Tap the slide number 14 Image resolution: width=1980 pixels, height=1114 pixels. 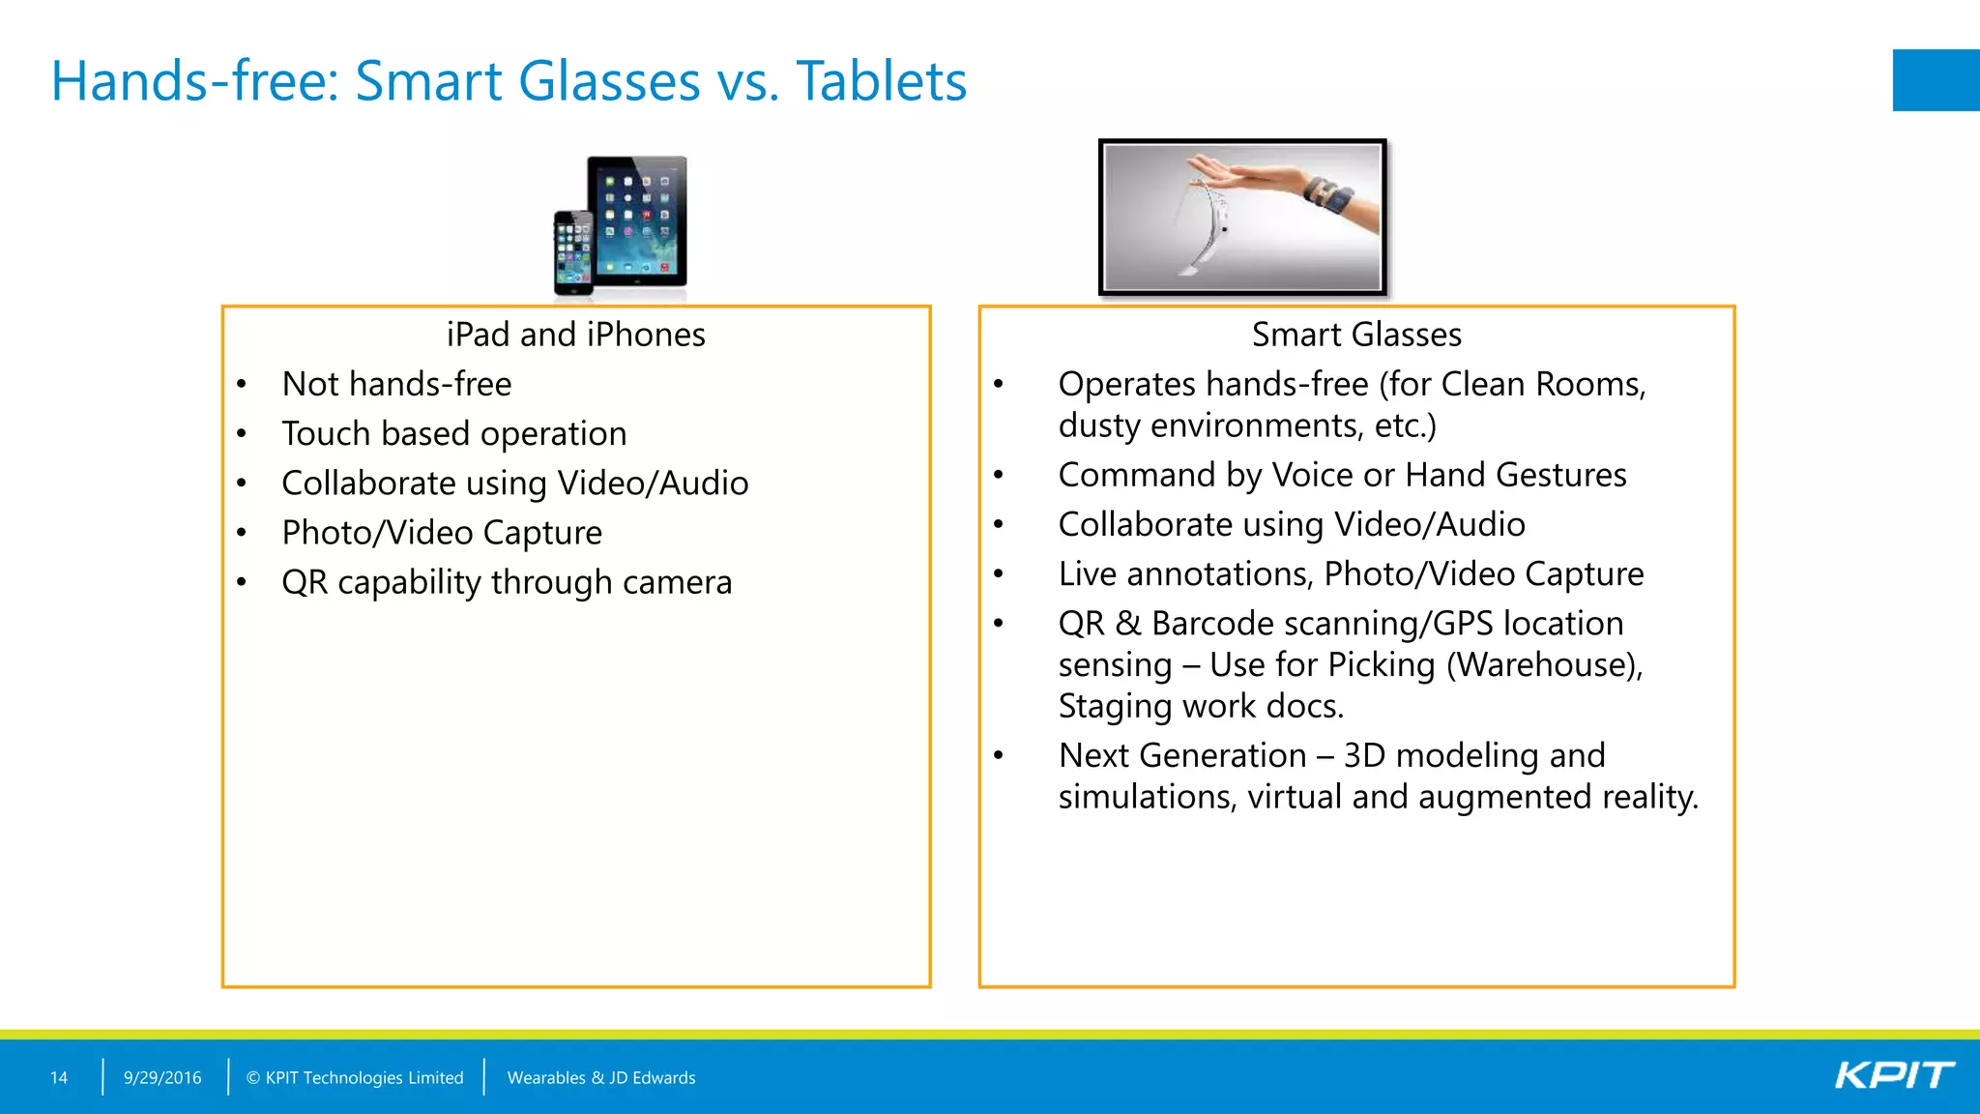(x=59, y=1077)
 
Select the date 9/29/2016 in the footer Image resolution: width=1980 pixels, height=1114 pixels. (x=162, y=1077)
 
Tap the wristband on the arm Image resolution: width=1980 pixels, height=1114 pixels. (x=1328, y=193)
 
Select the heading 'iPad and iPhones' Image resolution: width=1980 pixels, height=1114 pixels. (x=576, y=335)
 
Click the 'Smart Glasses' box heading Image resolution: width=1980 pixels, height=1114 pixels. (x=1356, y=335)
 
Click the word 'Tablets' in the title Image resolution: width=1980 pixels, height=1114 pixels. (x=881, y=81)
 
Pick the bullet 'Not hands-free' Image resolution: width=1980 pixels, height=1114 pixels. (x=396, y=384)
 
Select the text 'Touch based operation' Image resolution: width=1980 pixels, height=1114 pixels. (x=454, y=433)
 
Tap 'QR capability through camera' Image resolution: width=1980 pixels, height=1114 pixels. (x=507, y=582)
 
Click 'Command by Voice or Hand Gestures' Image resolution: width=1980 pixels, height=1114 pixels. (x=1342, y=475)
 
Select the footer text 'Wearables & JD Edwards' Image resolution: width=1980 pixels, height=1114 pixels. (x=601, y=1077)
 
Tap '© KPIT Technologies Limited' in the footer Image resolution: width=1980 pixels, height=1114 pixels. (x=355, y=1077)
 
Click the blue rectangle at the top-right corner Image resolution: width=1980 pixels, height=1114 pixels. (x=1936, y=80)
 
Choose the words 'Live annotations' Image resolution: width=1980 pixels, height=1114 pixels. (x=1184, y=574)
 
